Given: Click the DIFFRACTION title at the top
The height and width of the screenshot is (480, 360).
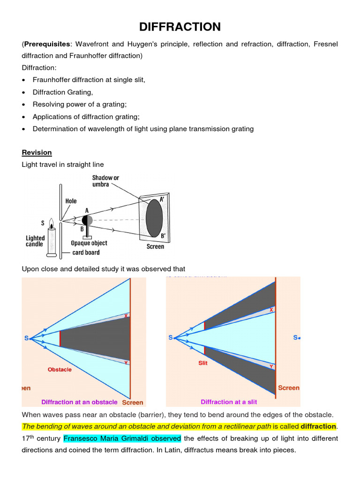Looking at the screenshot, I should [180, 27].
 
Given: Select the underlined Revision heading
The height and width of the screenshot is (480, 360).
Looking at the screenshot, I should [37, 152].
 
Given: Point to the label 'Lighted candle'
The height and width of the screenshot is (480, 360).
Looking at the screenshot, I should [35, 241].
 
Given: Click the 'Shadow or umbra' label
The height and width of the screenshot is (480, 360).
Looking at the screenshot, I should [105, 181].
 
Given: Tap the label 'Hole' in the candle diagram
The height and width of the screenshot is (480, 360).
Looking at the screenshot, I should [71, 201].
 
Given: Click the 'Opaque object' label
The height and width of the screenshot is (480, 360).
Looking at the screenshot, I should [89, 243].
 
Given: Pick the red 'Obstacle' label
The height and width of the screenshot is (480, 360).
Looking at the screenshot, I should [60, 369].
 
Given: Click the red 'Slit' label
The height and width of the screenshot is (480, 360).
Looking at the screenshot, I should [202, 363].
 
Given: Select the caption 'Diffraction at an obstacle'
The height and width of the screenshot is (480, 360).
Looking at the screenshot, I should [79, 402].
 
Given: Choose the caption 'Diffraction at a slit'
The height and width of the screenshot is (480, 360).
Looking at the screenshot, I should [229, 402].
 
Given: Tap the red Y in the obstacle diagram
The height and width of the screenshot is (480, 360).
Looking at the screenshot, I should [126, 362].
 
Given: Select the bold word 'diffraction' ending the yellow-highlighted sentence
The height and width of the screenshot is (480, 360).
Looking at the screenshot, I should [318, 427].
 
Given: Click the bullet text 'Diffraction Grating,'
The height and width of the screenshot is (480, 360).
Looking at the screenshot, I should [63, 92].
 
